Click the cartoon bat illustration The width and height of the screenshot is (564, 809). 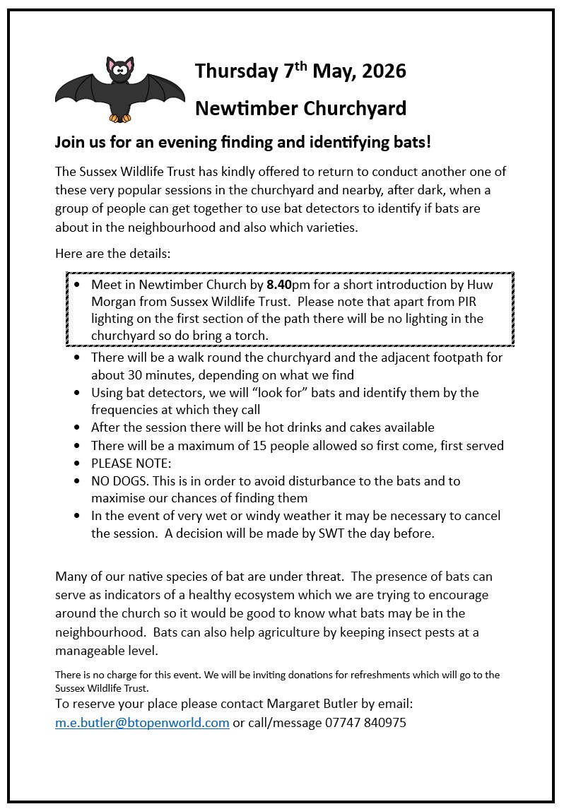click(x=119, y=88)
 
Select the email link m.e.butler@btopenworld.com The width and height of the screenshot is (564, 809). click(x=142, y=723)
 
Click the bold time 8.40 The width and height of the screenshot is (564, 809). click(x=279, y=285)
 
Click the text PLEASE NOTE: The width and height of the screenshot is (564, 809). click(x=131, y=463)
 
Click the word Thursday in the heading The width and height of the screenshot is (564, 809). click(x=235, y=71)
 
